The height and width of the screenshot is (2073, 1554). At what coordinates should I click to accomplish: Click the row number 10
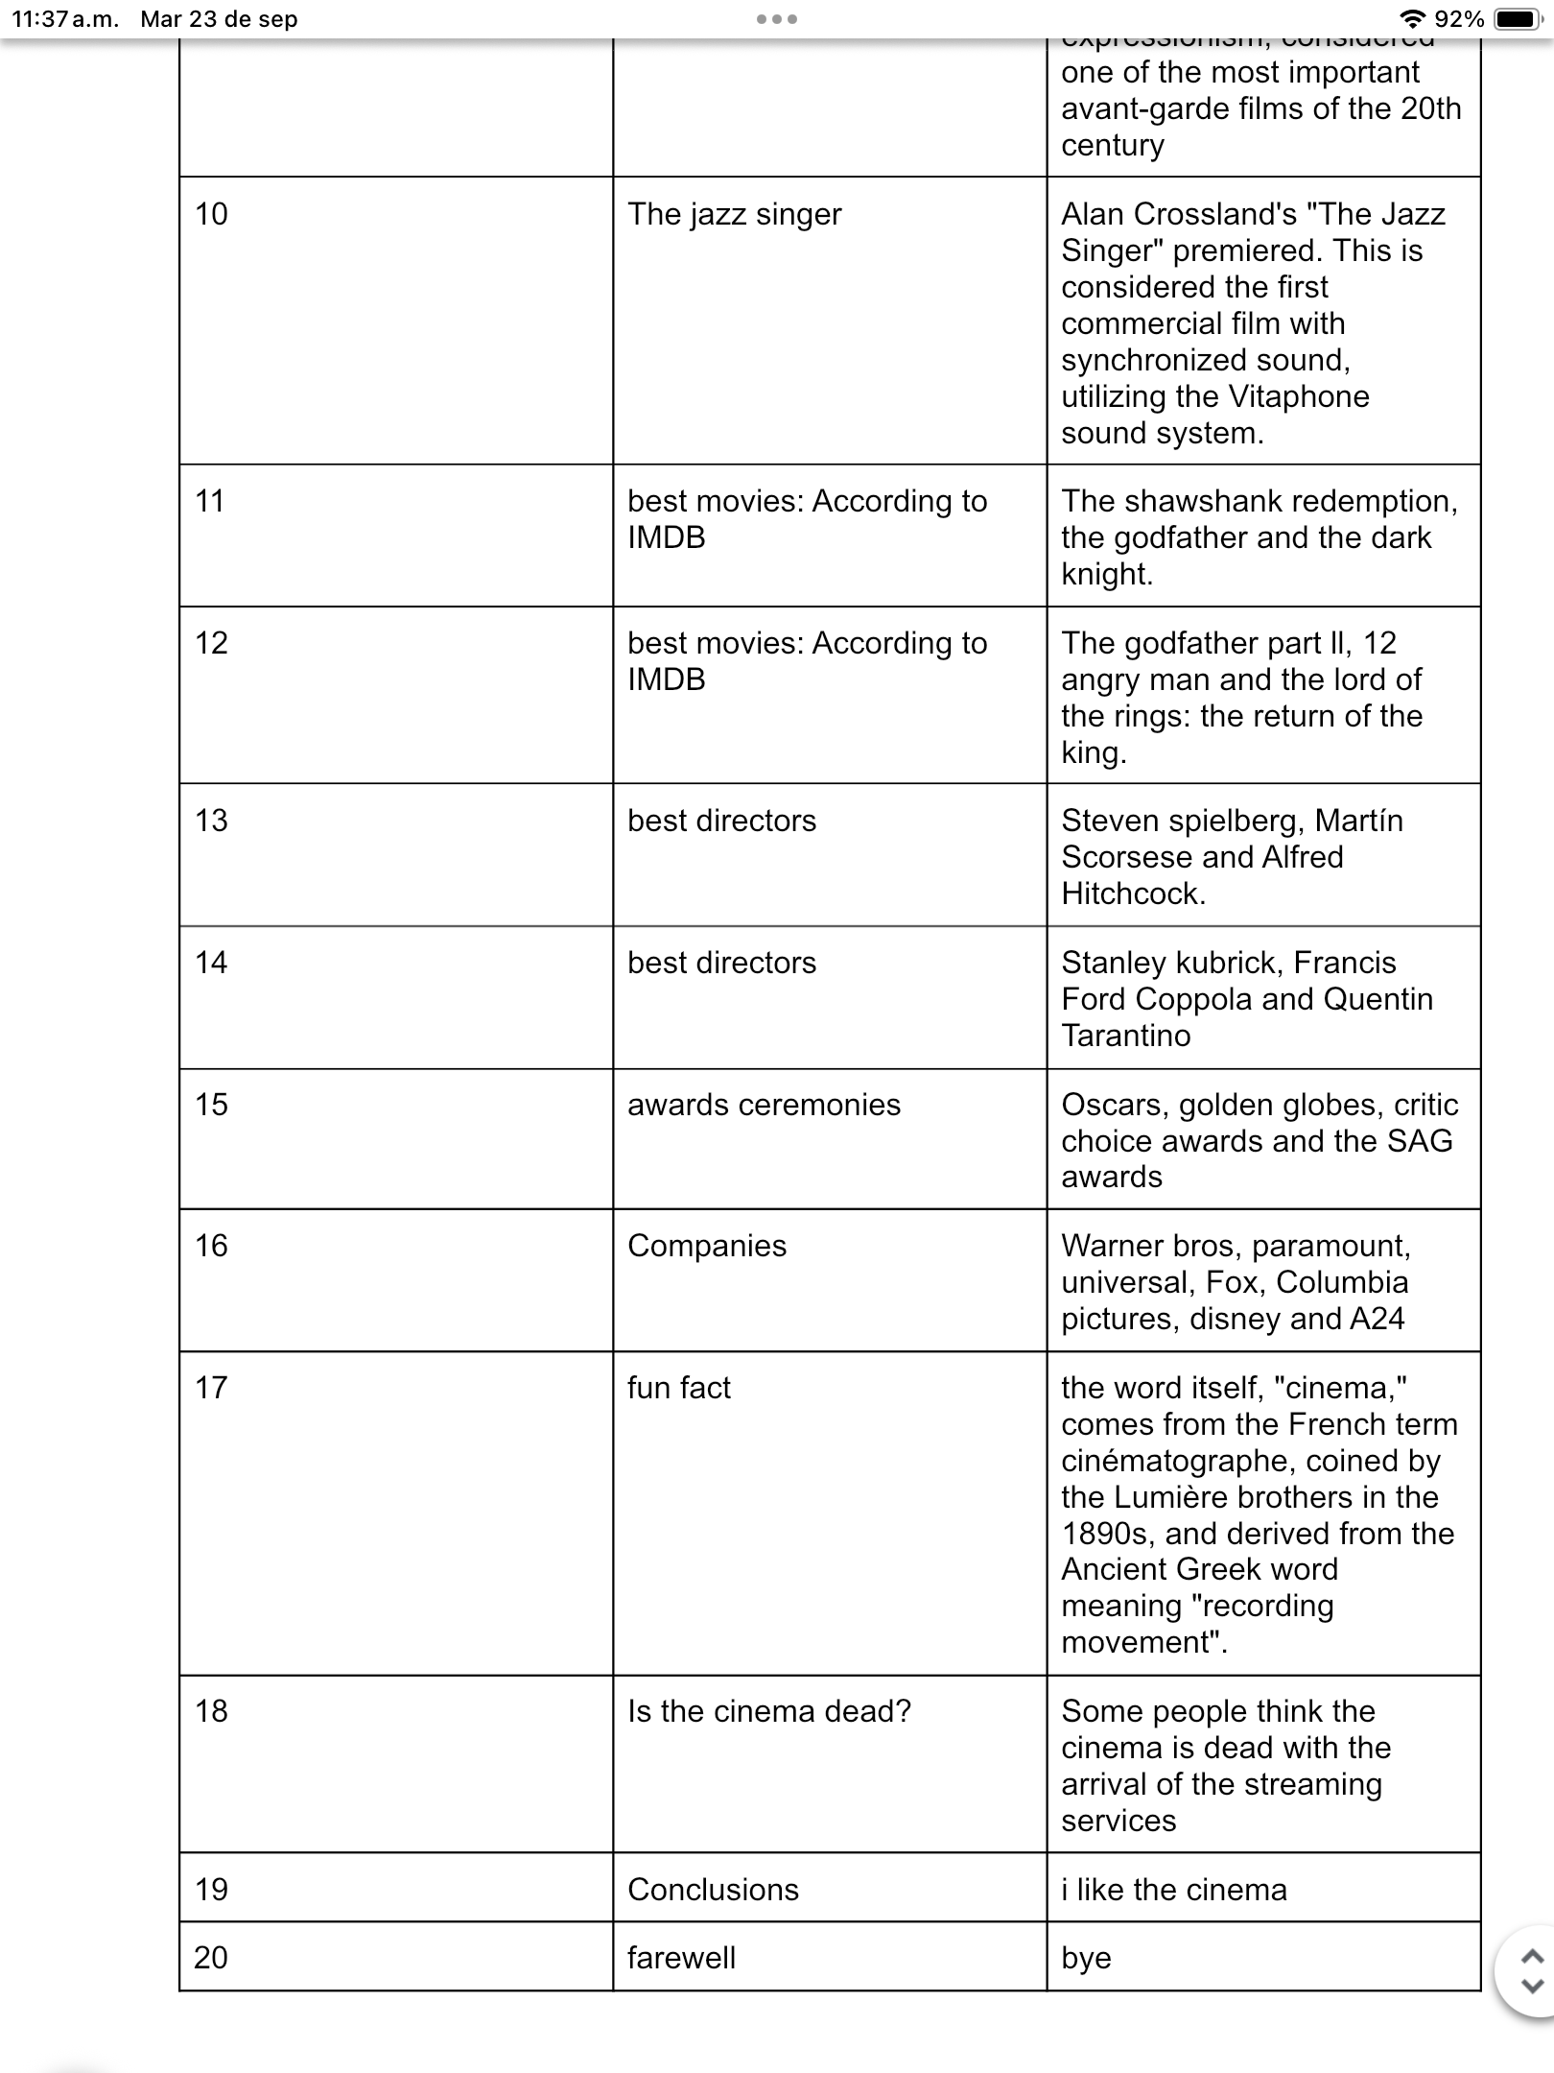point(211,214)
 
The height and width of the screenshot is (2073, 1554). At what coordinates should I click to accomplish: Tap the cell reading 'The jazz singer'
point(734,214)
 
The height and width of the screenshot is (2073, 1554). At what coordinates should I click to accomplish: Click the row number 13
point(211,821)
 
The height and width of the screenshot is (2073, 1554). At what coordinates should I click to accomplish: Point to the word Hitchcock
point(1132,894)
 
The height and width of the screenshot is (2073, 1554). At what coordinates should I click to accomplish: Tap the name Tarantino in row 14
point(1125,1036)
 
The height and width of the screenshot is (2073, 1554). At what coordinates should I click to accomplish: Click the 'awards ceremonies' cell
point(764,1105)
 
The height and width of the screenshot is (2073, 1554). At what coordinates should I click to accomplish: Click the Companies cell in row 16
point(707,1246)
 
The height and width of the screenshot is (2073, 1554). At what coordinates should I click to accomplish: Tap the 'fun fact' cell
point(679,1388)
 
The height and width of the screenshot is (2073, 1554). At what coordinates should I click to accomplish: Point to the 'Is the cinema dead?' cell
point(769,1711)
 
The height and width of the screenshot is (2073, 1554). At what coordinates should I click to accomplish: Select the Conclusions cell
point(713,1890)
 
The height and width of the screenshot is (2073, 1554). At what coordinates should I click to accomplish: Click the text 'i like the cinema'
point(1174,1890)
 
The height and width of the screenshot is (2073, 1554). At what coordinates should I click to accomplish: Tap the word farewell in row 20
point(681,1958)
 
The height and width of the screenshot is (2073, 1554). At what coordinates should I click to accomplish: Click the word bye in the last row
point(1086,1958)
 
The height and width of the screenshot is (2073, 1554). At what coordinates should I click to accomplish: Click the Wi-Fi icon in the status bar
point(1412,19)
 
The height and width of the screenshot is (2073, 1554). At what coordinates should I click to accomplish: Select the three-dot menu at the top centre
point(777,19)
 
